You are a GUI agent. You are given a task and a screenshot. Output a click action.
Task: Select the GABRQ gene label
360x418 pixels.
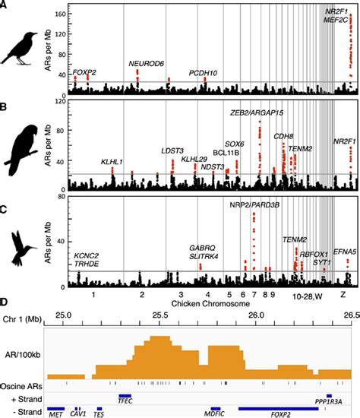point(204,248)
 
